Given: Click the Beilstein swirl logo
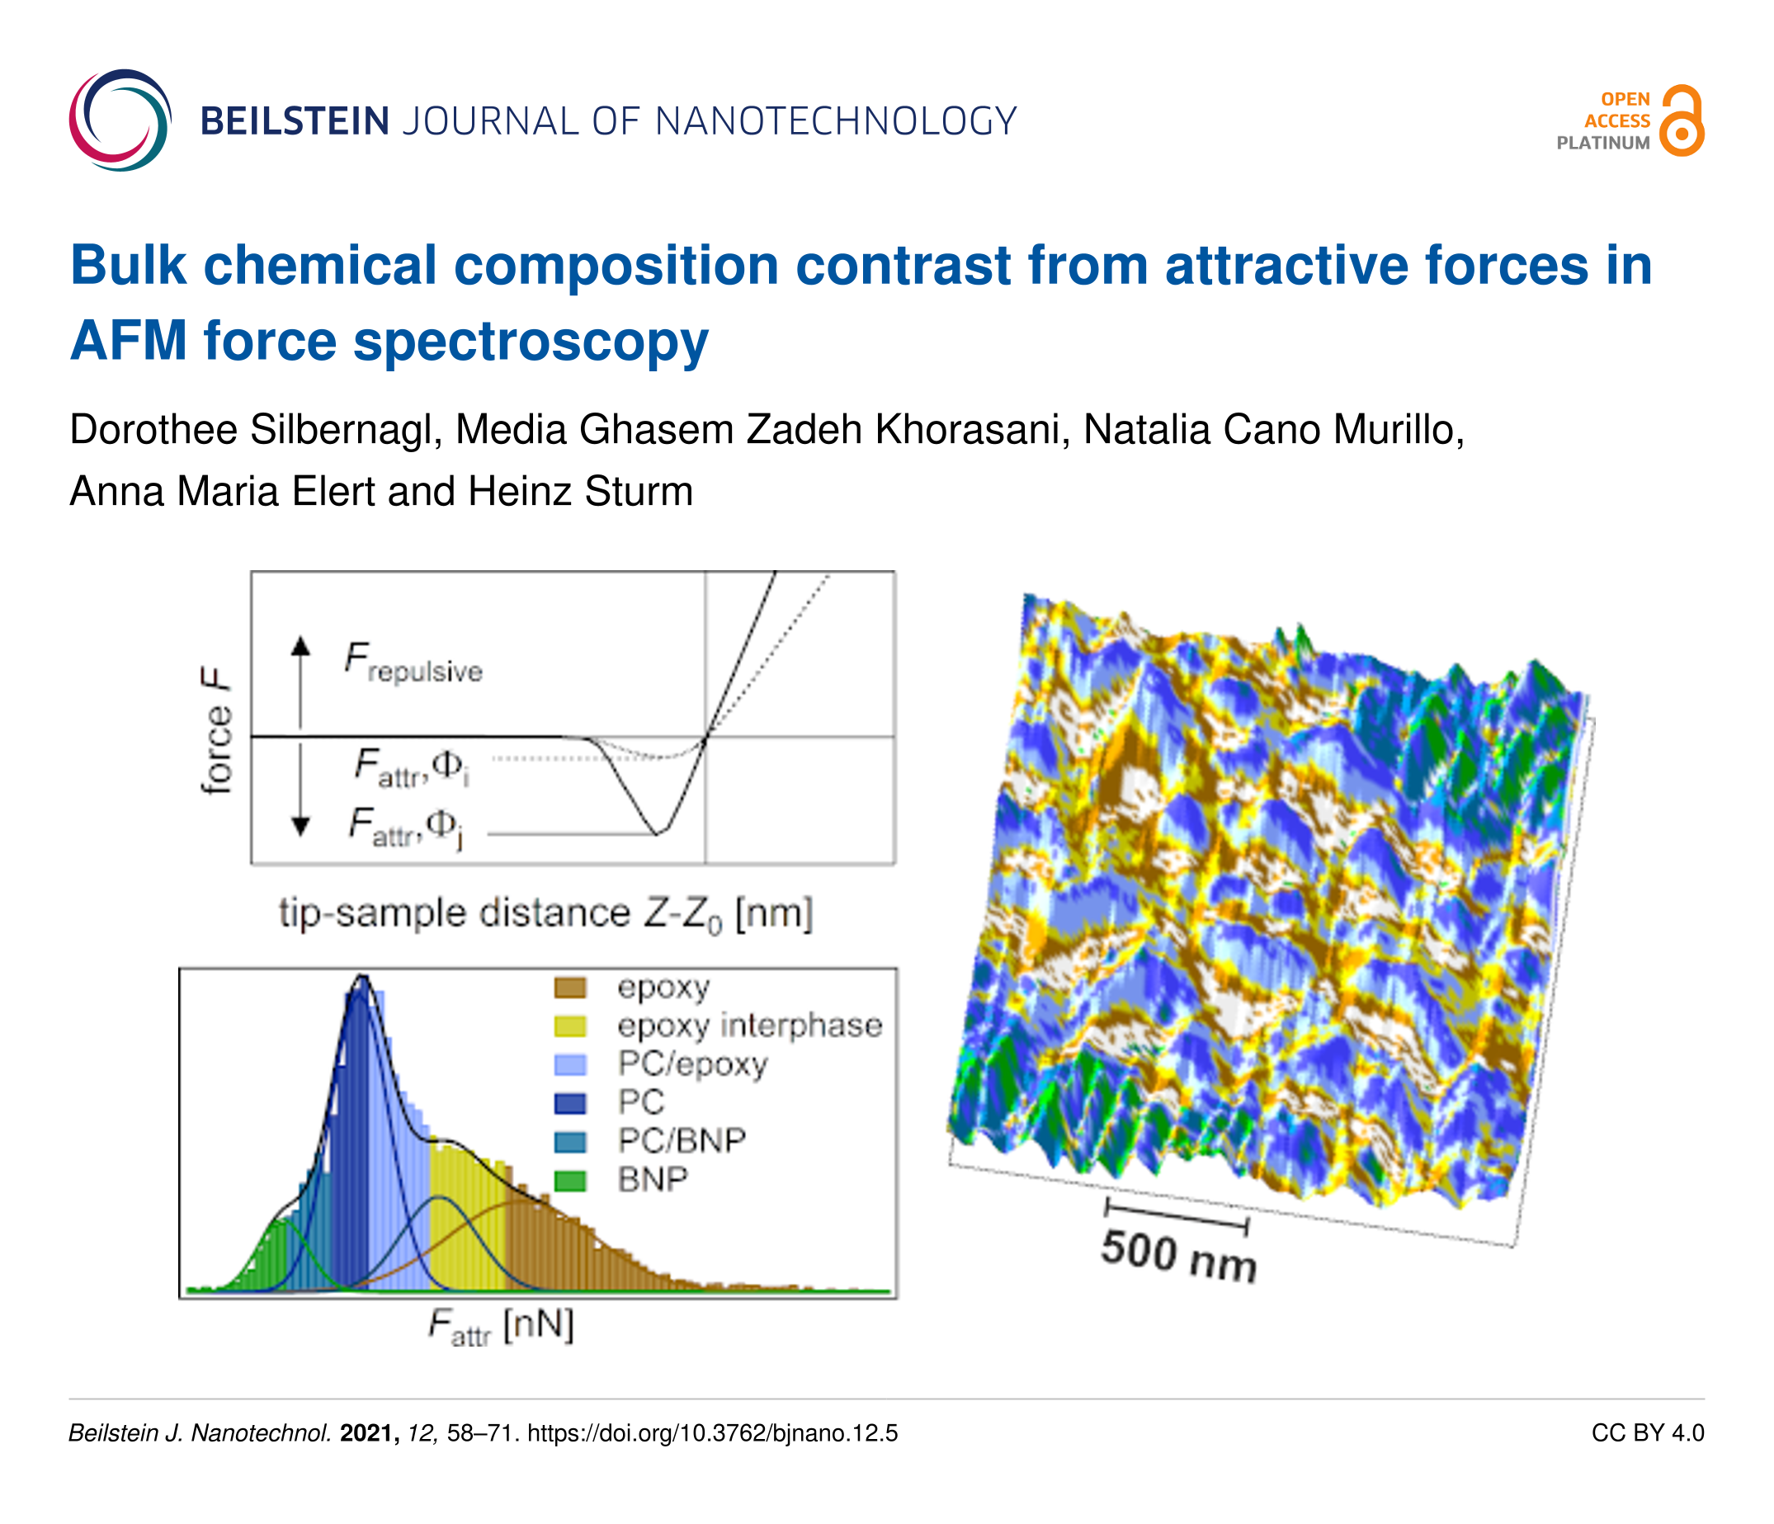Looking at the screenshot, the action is pos(120,120).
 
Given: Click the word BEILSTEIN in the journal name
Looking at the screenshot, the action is pos(295,121).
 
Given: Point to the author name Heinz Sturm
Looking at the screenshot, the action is pos(581,492).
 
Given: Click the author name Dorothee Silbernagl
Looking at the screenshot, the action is pos(255,430).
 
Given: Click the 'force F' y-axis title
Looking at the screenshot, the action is pos(217,732).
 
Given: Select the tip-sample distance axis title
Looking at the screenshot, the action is pos(545,914).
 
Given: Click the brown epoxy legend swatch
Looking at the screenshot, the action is pos(570,988).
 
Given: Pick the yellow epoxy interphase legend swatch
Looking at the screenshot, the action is pos(570,1026).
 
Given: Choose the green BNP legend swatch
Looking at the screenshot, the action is pos(570,1182).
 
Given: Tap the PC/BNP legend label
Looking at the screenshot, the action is pos(682,1140).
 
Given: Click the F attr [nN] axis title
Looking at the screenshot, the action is pos(501,1327).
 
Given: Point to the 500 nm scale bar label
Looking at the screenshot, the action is pos(1179,1256).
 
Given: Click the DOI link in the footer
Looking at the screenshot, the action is pos(712,1433).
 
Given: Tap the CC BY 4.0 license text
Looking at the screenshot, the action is pos(1648,1433).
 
